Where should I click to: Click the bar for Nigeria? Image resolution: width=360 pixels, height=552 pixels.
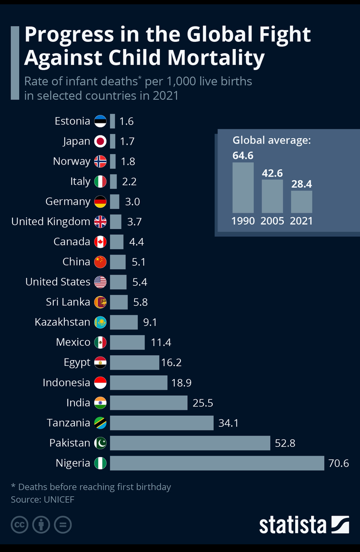217,463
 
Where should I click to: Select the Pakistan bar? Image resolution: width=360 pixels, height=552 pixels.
190,443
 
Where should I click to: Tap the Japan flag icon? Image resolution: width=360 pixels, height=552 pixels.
100,141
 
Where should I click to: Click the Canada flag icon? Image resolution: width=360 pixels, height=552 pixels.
100,242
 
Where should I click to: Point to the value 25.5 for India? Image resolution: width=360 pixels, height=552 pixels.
203,403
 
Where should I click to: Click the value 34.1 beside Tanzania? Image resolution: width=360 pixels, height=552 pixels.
228,423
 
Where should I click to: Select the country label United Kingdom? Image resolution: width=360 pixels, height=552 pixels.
50,222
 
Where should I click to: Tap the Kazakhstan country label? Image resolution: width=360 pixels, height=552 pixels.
62,322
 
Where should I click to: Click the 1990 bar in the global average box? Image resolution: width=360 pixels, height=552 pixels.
243,188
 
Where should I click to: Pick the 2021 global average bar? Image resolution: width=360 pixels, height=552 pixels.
301,202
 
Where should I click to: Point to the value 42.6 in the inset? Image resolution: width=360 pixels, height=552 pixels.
272,173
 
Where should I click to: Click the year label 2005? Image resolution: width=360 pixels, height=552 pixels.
272,221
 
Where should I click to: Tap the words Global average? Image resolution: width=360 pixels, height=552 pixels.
272,141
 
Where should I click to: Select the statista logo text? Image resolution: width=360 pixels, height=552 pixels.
293,525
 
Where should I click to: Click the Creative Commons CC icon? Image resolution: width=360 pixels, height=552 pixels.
19,525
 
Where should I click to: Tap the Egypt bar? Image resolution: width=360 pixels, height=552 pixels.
134,362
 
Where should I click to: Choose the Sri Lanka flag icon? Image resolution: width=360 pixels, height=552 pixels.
100,302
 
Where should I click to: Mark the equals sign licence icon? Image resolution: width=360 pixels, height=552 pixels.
63,525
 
